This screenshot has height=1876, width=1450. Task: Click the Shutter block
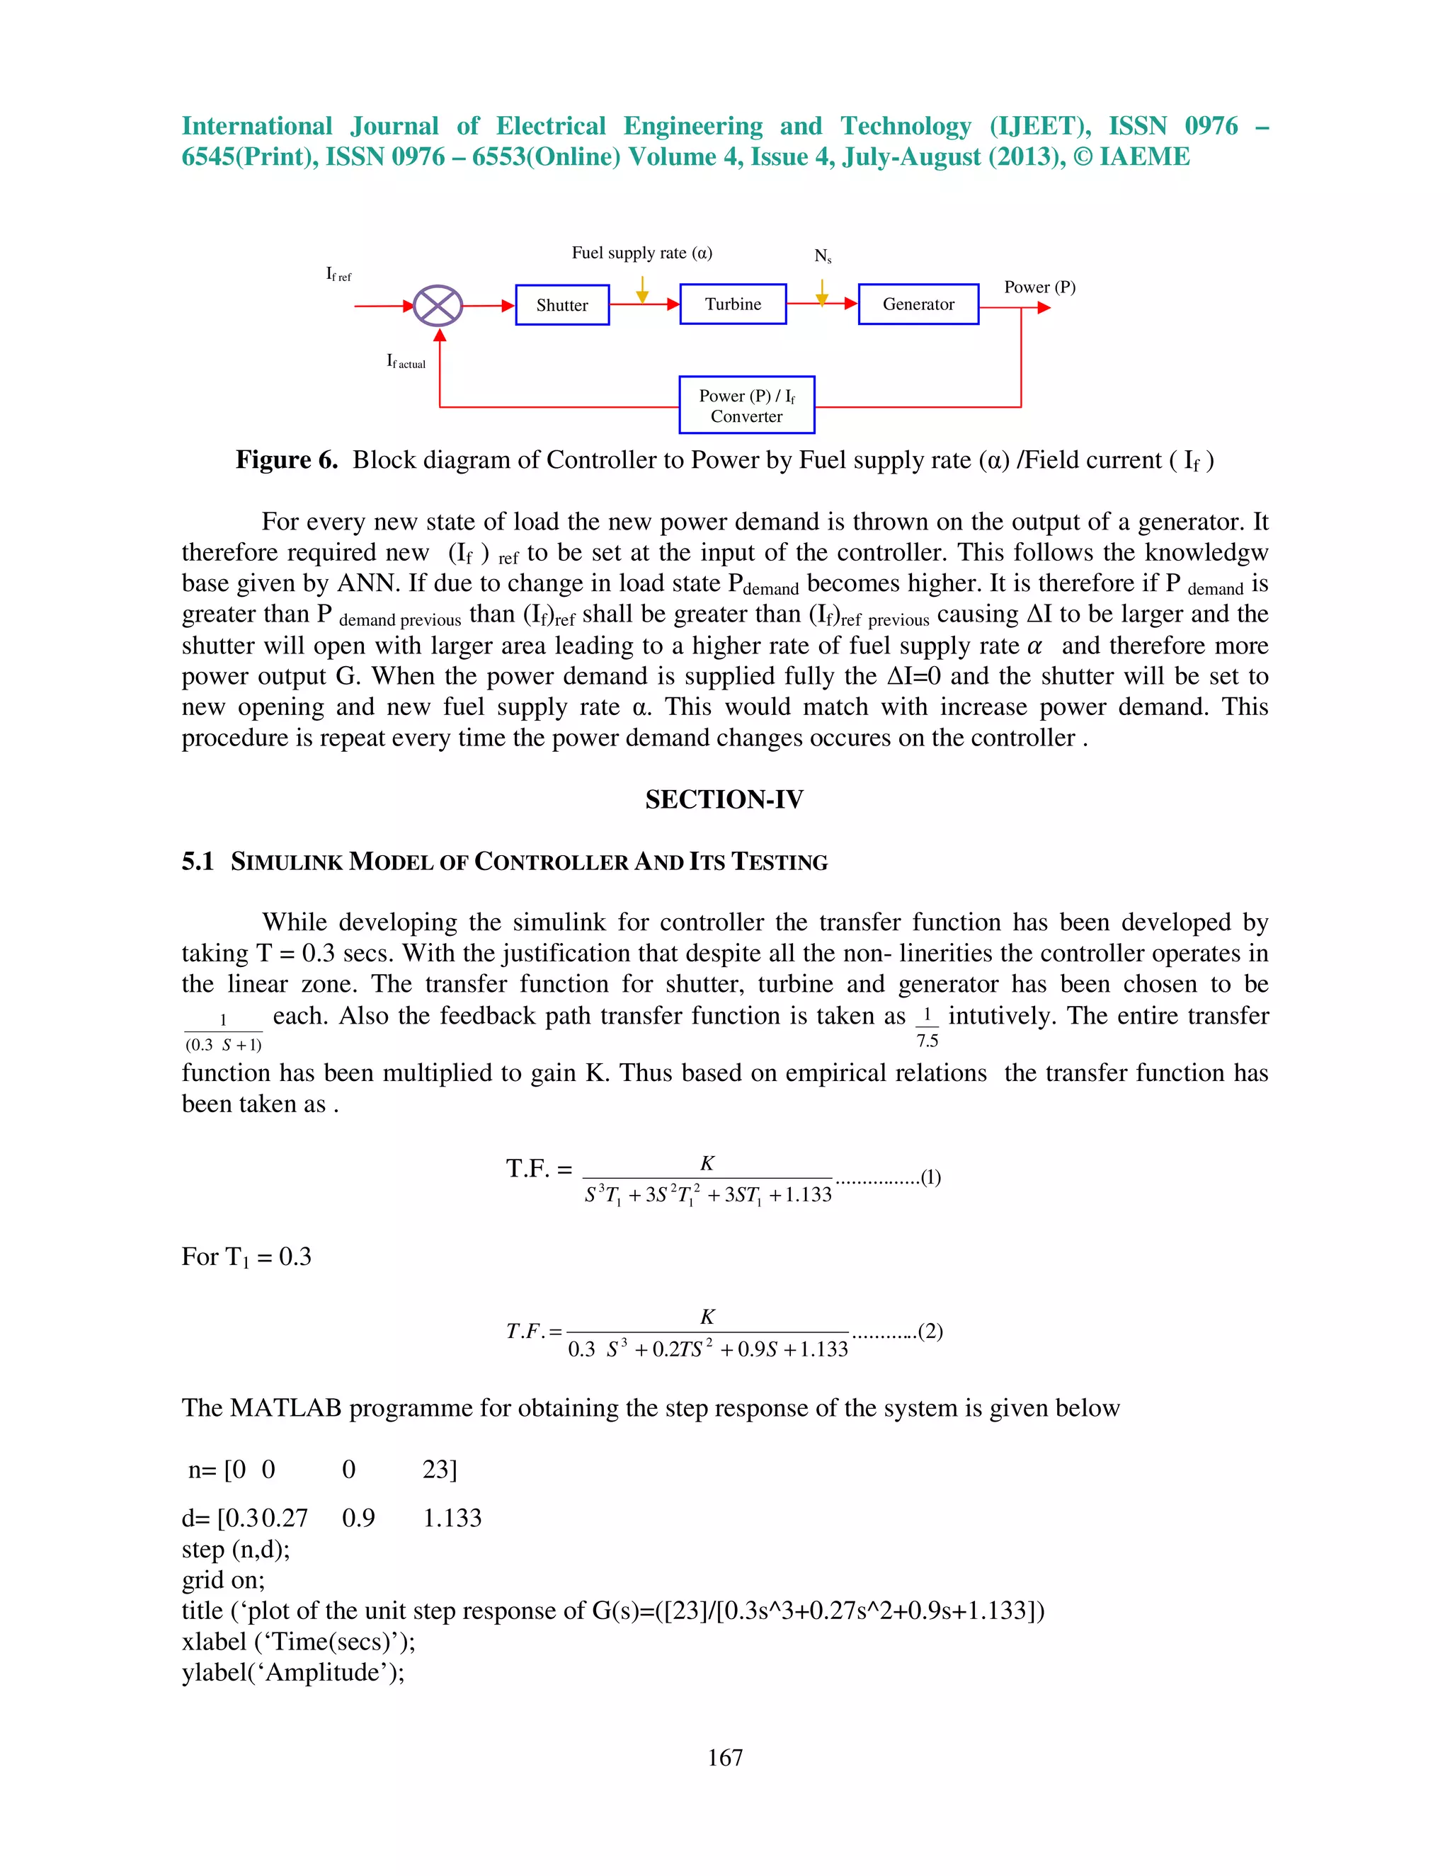click(x=561, y=305)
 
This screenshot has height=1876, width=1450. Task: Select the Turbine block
click(x=733, y=304)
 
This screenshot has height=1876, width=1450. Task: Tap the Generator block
click(x=918, y=304)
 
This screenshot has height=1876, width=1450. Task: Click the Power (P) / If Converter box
click(x=746, y=406)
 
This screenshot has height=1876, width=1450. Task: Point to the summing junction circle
click(x=438, y=306)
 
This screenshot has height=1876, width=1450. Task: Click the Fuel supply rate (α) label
click(x=641, y=253)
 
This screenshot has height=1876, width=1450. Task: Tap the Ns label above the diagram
click(x=822, y=256)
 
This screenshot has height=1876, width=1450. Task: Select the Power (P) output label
click(x=1039, y=287)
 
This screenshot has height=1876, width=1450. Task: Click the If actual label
click(x=406, y=362)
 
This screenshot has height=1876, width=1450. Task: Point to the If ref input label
click(x=338, y=274)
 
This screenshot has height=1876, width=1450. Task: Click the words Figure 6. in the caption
click(x=287, y=460)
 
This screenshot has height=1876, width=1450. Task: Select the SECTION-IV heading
click(x=724, y=800)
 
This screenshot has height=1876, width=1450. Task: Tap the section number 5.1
click(x=198, y=862)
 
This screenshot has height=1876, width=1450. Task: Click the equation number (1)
click(x=930, y=1177)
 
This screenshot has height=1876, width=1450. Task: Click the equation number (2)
click(x=930, y=1332)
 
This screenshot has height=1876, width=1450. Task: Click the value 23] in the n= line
click(x=439, y=1470)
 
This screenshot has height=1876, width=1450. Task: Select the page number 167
click(x=724, y=1758)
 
